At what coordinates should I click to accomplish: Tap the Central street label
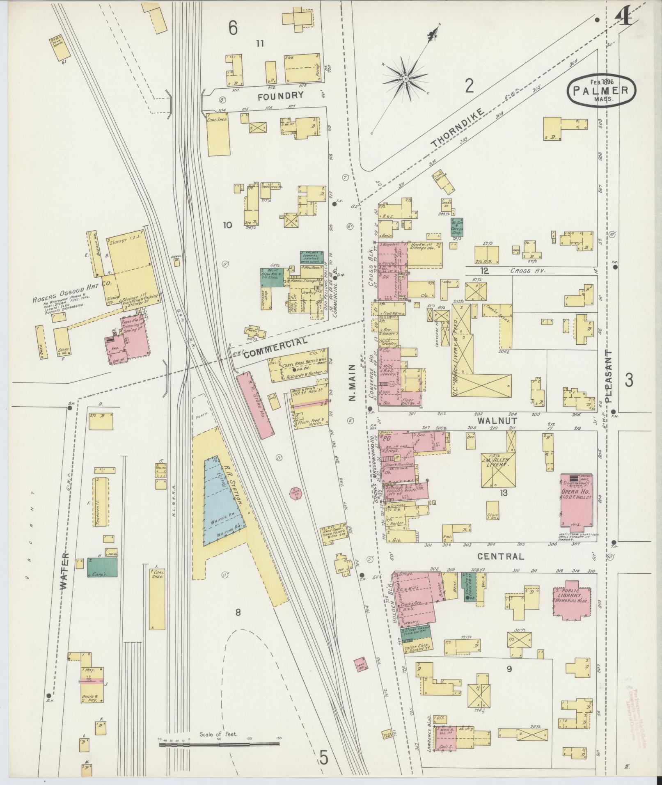(x=501, y=556)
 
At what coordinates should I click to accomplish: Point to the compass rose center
(x=405, y=78)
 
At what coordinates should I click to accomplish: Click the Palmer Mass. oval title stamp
(x=601, y=91)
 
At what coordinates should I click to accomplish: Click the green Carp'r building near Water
(x=102, y=567)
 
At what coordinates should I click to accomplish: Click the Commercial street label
(x=276, y=348)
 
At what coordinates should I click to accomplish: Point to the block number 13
(x=503, y=493)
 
